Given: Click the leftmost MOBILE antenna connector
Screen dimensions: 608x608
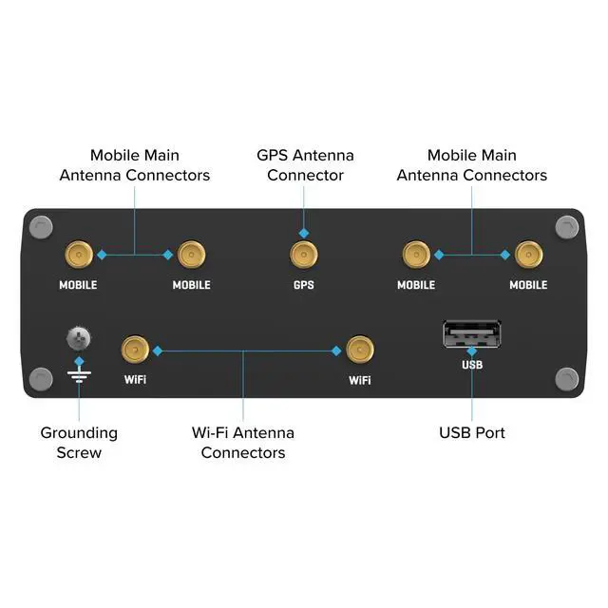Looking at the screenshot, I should pos(78,255).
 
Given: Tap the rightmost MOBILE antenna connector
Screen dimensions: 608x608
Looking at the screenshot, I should pos(528,255).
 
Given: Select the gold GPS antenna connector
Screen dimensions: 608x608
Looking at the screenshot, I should pos(303,255).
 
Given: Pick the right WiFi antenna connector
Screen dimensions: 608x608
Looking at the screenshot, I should pos(359,351).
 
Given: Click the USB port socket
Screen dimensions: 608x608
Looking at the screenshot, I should pos(471,335).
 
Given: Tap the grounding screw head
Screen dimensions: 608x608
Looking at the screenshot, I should pos(78,337).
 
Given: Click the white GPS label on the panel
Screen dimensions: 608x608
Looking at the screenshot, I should pos(303,285).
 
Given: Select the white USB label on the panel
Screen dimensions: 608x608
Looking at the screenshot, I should pos(472,365).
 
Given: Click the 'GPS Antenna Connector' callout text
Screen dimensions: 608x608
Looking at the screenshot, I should pos(305,165).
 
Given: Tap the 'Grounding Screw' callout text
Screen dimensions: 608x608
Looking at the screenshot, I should pos(79,443).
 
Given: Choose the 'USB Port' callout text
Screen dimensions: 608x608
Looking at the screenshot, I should pos(472,433).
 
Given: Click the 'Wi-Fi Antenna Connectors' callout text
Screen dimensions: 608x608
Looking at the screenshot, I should pos(243,443).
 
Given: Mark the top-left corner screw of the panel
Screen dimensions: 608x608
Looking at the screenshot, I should pos(40,227).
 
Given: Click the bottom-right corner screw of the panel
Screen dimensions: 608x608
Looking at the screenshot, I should pos(567,378).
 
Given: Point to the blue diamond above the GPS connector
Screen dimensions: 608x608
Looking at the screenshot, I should pos(303,233).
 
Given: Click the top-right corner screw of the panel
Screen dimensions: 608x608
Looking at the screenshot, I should pos(567,227).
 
